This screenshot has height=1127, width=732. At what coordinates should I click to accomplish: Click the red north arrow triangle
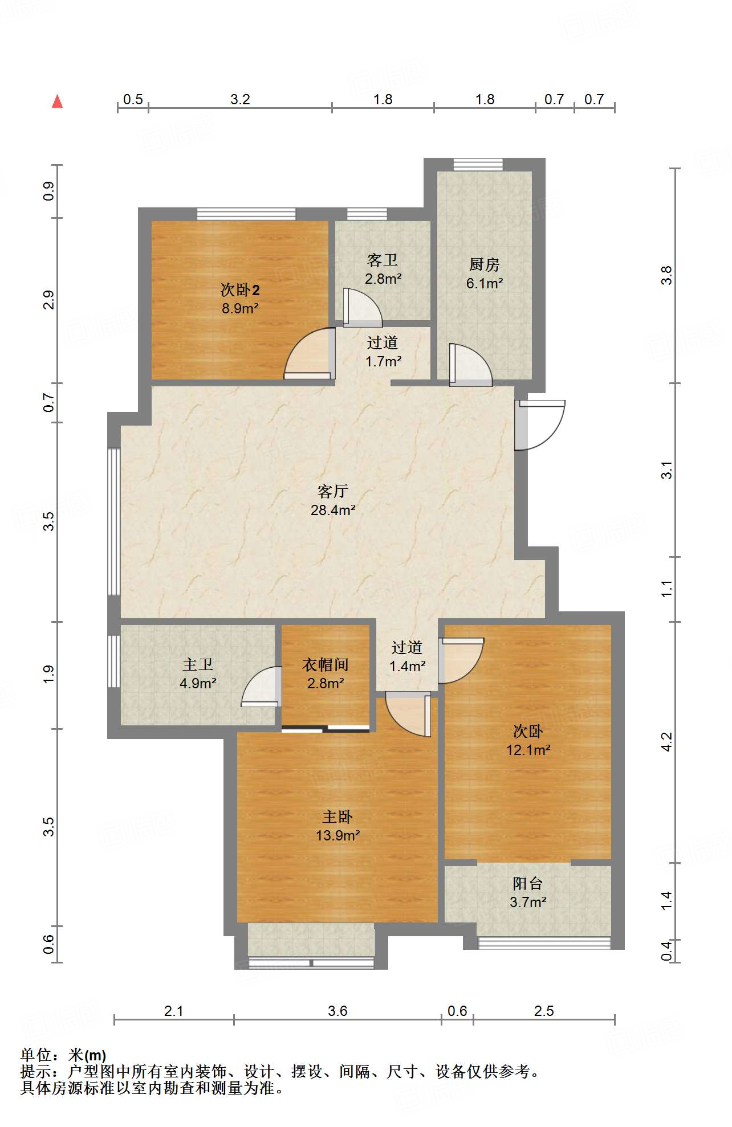[x=57, y=101]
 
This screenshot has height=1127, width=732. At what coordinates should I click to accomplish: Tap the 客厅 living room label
[x=333, y=491]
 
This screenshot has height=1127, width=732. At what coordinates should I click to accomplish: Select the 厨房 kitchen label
[x=485, y=264]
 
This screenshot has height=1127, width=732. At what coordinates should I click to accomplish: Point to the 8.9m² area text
[x=240, y=309]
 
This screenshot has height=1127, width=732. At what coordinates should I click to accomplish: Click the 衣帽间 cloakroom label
[x=326, y=664]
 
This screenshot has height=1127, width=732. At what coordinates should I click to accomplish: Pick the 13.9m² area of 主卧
[x=338, y=836]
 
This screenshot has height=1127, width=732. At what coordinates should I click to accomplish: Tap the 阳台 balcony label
[x=528, y=884]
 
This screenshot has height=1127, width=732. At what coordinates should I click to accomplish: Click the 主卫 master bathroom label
[x=198, y=664]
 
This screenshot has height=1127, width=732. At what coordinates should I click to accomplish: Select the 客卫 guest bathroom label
[x=383, y=260]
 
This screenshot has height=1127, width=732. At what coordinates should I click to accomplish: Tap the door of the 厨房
[x=471, y=365]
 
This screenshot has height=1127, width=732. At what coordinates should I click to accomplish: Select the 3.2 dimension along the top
[x=240, y=100]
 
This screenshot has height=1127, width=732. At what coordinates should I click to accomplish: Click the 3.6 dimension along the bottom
[x=337, y=1011]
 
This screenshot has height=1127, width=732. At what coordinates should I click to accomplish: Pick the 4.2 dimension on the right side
[x=666, y=742]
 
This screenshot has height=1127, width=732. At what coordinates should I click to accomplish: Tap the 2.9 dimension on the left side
[x=49, y=300]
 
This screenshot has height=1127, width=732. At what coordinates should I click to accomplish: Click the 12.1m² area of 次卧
[x=528, y=750]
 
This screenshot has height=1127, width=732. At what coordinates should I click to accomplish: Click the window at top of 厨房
[x=478, y=165]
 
